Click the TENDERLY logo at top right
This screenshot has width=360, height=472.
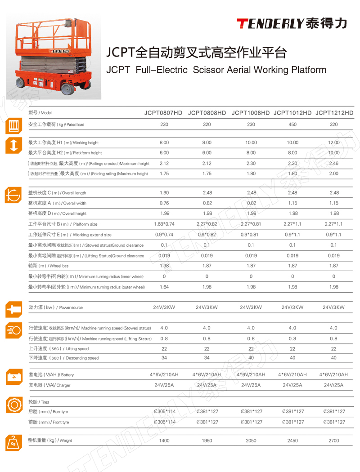pos(292,23)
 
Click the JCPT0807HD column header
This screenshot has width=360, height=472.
pos(163,113)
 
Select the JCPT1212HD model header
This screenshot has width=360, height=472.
pos(334,113)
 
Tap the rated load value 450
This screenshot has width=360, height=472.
pos(292,125)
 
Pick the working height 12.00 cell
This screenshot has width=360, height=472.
pos(334,142)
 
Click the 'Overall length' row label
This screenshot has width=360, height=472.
pos(57,193)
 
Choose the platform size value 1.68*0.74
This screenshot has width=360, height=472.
pos(164,224)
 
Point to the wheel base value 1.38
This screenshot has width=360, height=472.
pos(164,266)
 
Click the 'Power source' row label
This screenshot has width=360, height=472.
pos(56,307)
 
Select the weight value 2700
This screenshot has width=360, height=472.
pos(333,441)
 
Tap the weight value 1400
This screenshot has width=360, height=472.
pos(164,441)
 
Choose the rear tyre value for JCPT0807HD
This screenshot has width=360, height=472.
pos(164,411)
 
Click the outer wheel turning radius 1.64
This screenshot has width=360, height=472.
pos(164,287)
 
